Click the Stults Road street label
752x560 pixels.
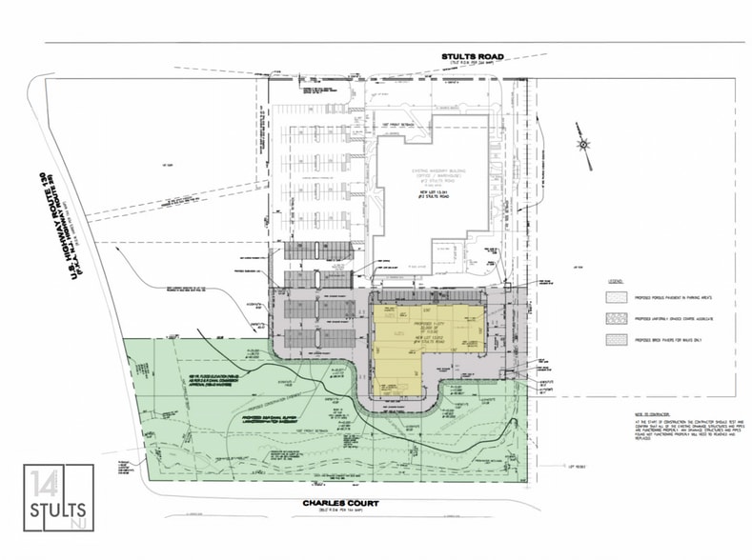point(472,56)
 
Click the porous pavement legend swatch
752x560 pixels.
point(617,298)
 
